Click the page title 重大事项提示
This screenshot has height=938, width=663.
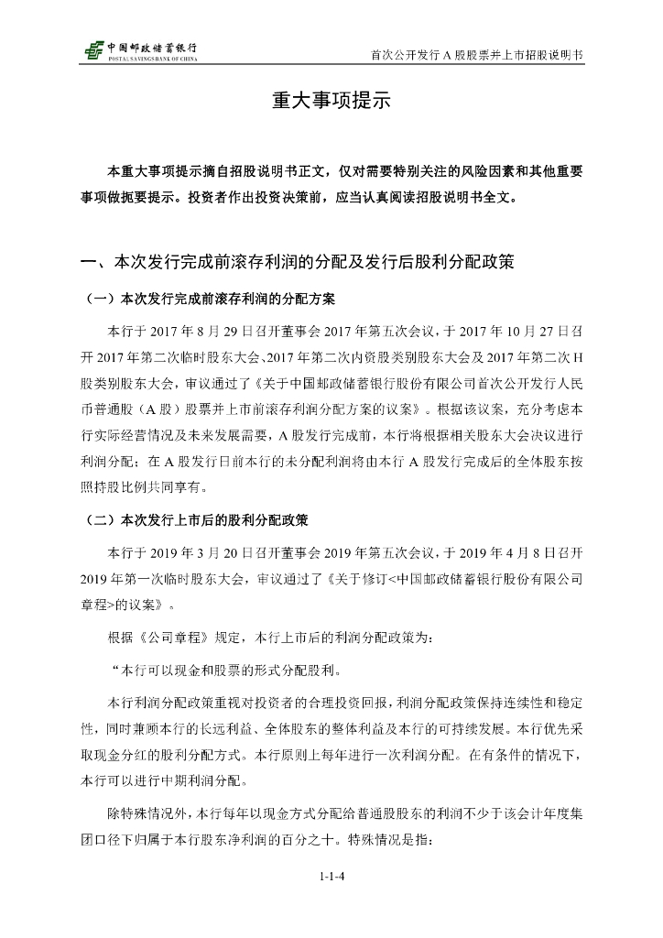coord(331,102)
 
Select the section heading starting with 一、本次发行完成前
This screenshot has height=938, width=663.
coord(298,263)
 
